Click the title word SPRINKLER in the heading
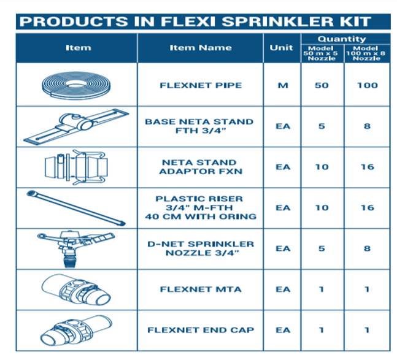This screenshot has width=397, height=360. pyautogui.click(x=276, y=21)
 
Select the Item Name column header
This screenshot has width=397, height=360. pyautogui.click(x=200, y=48)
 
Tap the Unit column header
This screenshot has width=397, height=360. pyautogui.click(x=282, y=48)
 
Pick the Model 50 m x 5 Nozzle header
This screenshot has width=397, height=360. pyautogui.click(x=322, y=53)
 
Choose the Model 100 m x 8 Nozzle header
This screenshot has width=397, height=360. pyautogui.click(x=367, y=53)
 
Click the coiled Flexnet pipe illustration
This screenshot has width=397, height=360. pyautogui.click(x=76, y=85)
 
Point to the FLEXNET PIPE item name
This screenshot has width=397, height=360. pyautogui.click(x=199, y=85)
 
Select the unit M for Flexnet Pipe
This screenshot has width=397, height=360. pyautogui.click(x=282, y=85)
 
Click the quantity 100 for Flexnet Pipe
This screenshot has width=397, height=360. pyautogui.click(x=367, y=85)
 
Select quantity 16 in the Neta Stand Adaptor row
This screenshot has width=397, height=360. pyautogui.click(x=367, y=167)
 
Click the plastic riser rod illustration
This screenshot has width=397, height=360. pyautogui.click(x=76, y=207)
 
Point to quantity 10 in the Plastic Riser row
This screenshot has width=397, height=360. pyautogui.click(x=322, y=208)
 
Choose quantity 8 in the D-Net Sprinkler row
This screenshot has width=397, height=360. pyautogui.click(x=367, y=248)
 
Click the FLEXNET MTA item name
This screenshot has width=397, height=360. pyautogui.click(x=199, y=289)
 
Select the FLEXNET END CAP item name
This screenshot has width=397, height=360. pyautogui.click(x=200, y=330)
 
